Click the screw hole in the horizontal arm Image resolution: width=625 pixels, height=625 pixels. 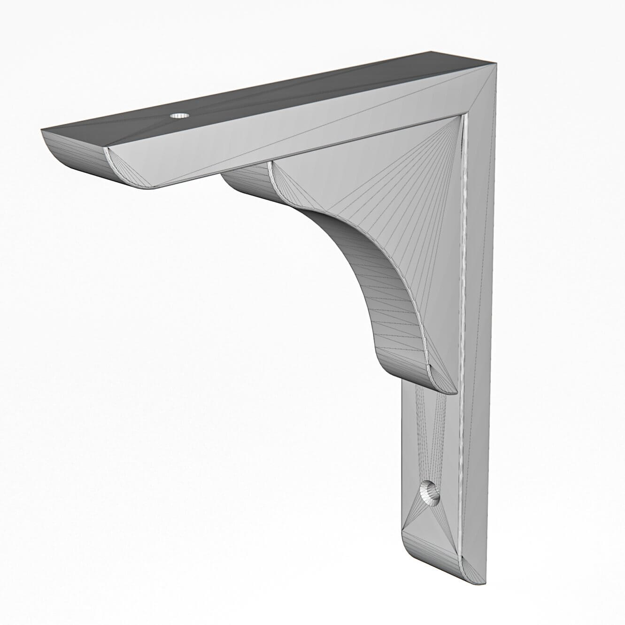coord(178,115)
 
